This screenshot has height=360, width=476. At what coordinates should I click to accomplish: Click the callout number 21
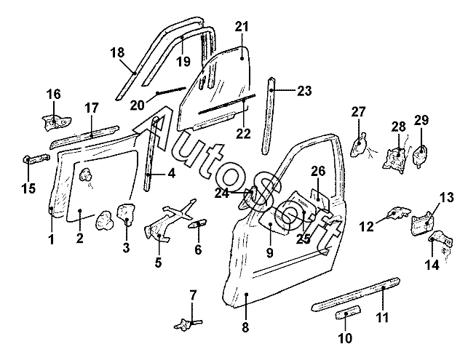click(242, 27)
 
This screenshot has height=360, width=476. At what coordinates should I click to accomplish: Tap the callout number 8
click(245, 327)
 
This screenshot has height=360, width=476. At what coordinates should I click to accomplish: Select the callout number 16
click(53, 94)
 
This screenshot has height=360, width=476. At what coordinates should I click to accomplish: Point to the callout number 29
click(421, 120)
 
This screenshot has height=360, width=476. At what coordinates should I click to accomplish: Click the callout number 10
click(345, 338)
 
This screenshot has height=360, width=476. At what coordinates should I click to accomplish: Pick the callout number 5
click(158, 262)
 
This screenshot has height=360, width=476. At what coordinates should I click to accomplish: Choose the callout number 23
click(304, 90)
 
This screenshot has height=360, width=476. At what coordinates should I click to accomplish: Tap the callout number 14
click(432, 265)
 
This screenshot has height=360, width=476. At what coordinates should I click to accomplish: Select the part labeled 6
click(198, 224)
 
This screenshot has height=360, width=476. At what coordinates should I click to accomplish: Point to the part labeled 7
click(188, 324)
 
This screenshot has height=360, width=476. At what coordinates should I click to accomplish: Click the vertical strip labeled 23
click(269, 117)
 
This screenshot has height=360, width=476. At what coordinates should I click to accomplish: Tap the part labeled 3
click(126, 214)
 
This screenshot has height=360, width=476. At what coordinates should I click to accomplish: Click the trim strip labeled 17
click(84, 137)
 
